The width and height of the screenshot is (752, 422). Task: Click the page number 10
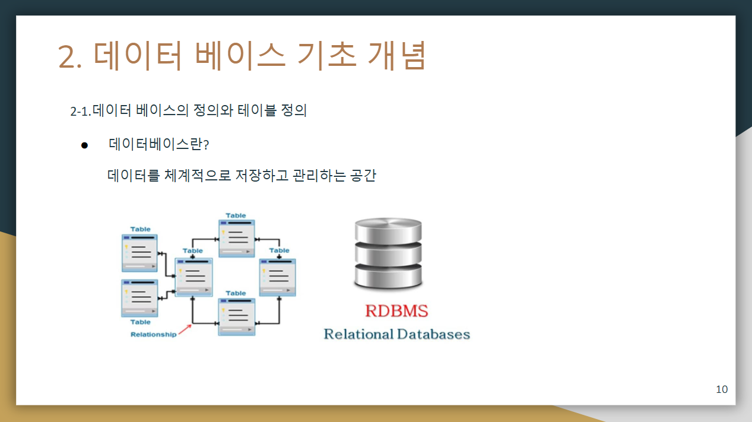[x=722, y=389]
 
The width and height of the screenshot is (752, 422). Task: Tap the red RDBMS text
[x=396, y=310]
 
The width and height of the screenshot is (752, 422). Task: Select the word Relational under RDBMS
[x=358, y=334]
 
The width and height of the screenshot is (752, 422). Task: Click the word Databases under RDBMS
[x=433, y=334]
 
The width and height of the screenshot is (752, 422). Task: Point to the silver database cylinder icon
[x=388, y=253]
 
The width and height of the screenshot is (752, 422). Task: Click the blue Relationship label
[x=153, y=335]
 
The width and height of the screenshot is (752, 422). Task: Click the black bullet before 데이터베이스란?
[x=84, y=145]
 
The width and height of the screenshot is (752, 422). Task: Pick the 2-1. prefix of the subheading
[x=81, y=111]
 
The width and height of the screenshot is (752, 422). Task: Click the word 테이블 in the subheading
[x=256, y=110]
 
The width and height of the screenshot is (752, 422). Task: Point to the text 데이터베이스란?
[x=158, y=144]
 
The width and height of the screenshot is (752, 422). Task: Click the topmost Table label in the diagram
[x=236, y=215]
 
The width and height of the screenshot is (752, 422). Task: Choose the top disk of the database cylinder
[x=388, y=230]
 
